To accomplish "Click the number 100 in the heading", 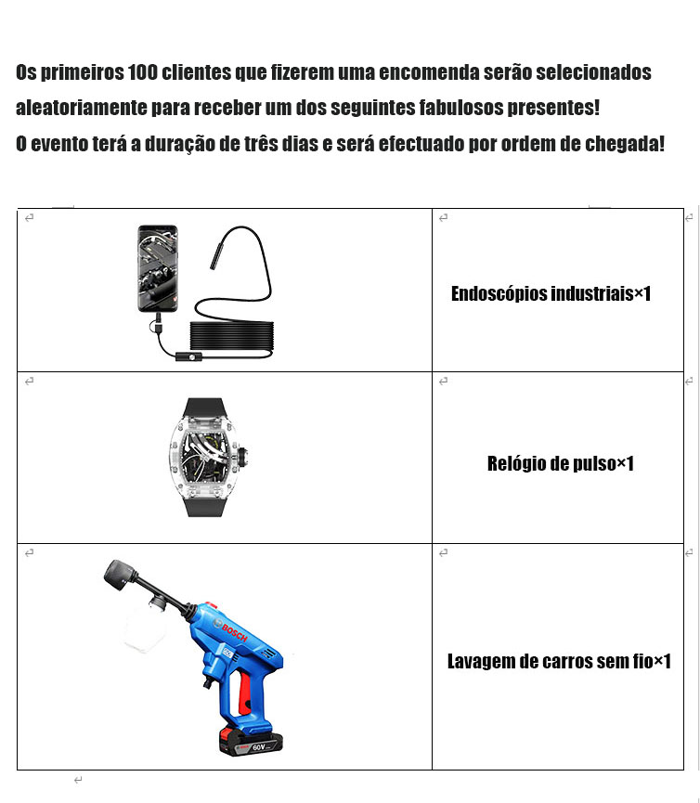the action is pos(142,72).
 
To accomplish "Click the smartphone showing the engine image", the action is pos(158,268).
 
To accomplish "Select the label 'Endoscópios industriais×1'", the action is pos(551,293).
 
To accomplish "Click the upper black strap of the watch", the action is pos(203,409).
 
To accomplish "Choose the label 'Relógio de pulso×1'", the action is pos(560,463).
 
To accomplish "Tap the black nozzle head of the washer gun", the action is pos(120,574).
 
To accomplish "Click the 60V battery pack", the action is pos(251,743).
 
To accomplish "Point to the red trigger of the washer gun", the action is pos(244,693).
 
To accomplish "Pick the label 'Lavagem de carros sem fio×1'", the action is pos(559,661).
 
